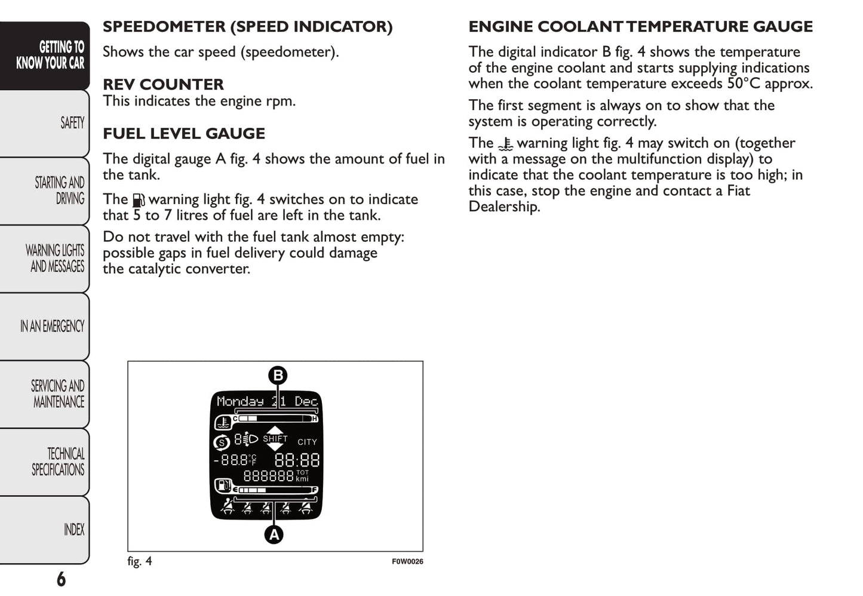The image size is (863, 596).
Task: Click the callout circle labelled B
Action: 278,376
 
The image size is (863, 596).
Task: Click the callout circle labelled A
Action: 274,534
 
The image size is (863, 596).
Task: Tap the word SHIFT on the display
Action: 275,438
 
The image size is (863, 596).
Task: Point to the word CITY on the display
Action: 307,442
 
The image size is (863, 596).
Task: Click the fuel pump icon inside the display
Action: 222,485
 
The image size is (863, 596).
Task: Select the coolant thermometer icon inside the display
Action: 222,423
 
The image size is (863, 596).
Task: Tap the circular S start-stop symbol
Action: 222,443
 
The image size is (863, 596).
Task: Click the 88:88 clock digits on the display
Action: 297,460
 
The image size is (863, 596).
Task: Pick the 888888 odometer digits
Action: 268,476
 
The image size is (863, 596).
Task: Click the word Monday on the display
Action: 240,401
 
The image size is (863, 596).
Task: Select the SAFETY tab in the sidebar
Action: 72,123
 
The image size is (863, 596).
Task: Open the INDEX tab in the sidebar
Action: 74,530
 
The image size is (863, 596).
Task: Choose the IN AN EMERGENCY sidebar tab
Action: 52,326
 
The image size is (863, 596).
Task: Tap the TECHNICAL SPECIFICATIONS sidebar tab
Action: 58,462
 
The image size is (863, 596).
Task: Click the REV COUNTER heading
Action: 163,84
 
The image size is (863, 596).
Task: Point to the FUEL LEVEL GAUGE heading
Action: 184,133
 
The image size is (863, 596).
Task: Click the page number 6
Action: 61,579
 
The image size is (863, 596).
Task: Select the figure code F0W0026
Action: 407,561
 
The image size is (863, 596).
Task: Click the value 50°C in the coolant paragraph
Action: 743,84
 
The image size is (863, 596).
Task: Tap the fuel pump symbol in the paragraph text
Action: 138,200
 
